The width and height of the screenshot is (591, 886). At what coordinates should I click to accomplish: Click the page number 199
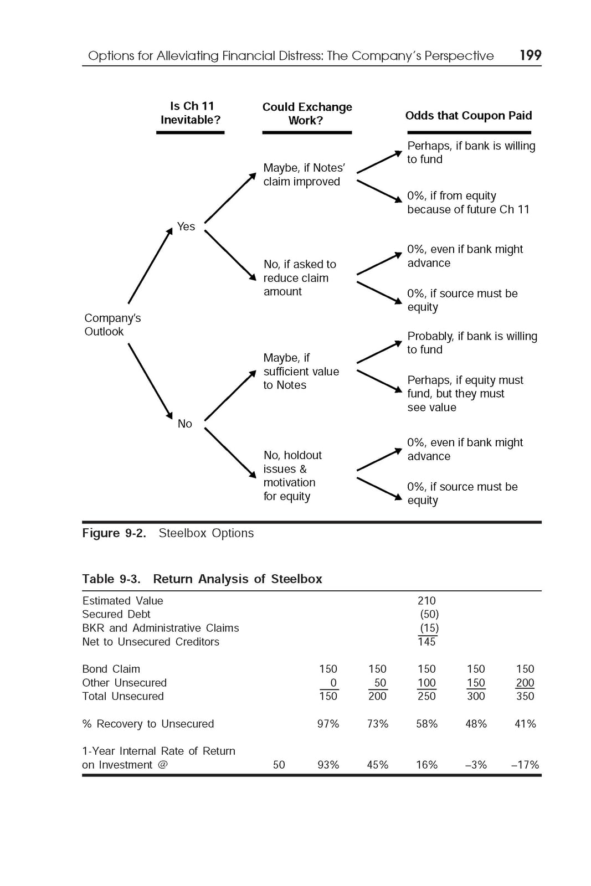tap(530, 55)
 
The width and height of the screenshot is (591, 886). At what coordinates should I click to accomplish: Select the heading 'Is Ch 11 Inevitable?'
tap(191, 113)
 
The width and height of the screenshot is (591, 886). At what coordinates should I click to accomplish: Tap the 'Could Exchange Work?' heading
tap(307, 114)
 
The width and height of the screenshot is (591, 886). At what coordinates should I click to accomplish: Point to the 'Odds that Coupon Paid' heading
tap(469, 115)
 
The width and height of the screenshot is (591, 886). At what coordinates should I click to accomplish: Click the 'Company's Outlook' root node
tap(112, 324)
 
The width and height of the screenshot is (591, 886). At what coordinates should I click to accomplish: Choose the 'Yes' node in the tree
tap(186, 226)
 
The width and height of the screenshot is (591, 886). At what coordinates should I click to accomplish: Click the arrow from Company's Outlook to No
tap(150, 381)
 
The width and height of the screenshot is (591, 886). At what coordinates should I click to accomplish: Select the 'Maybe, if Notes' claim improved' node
tap(304, 174)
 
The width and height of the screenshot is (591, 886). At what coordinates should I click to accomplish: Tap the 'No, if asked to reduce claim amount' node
tap(300, 278)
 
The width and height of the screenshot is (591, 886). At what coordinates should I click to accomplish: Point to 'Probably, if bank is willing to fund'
tap(472, 343)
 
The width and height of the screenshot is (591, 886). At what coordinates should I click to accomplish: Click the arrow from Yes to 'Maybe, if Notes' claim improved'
tap(230, 198)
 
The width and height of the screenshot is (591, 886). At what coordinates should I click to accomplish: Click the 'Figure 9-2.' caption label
tap(114, 533)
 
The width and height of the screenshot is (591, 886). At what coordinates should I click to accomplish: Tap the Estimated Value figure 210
tap(426, 601)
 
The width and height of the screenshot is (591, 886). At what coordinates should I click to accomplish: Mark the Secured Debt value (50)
tap(429, 614)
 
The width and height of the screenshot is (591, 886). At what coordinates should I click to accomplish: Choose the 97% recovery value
tap(328, 724)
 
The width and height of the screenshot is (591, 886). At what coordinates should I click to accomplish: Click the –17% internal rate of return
tap(525, 765)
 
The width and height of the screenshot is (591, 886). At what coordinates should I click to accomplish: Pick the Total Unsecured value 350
tap(525, 696)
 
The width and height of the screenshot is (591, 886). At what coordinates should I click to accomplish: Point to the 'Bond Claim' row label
tap(111, 669)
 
